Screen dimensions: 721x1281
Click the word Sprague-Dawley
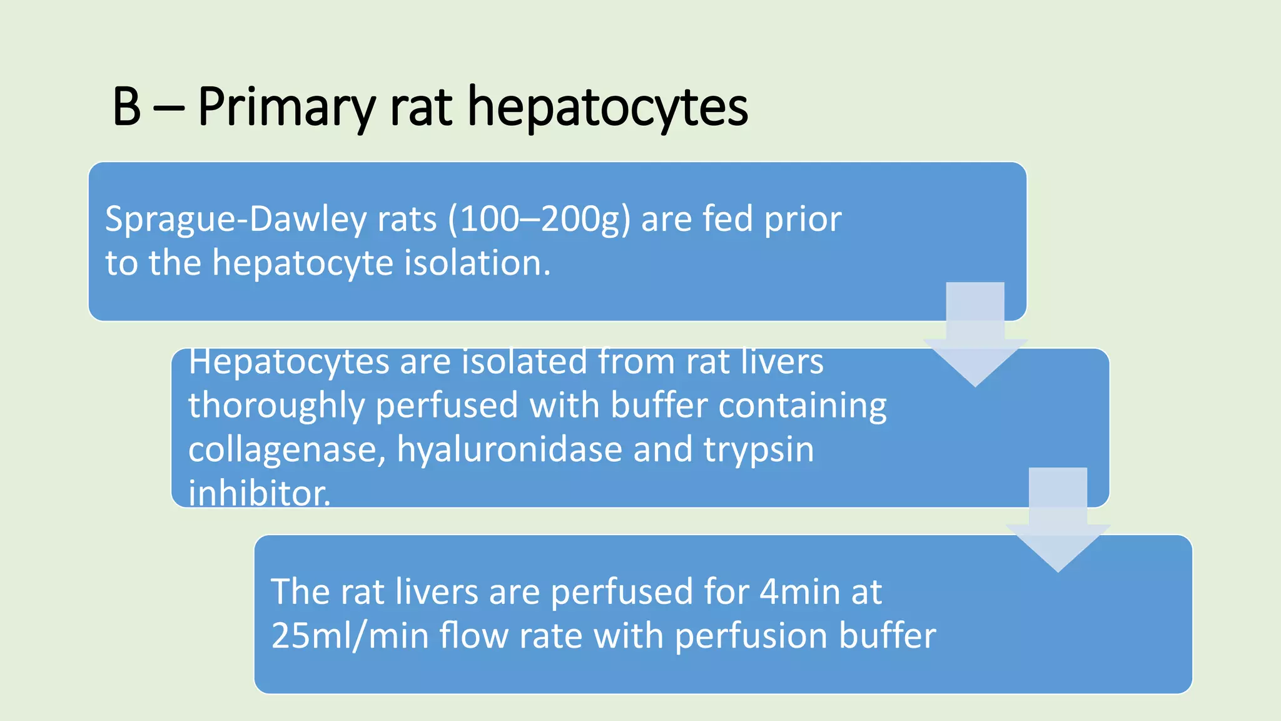(x=236, y=220)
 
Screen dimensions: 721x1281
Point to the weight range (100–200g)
(x=539, y=220)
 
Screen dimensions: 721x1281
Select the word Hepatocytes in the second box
(x=288, y=363)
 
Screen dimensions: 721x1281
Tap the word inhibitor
(x=259, y=493)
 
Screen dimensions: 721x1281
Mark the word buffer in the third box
(x=888, y=635)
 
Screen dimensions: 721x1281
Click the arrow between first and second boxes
(x=975, y=335)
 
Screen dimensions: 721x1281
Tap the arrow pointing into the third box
(x=1058, y=520)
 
